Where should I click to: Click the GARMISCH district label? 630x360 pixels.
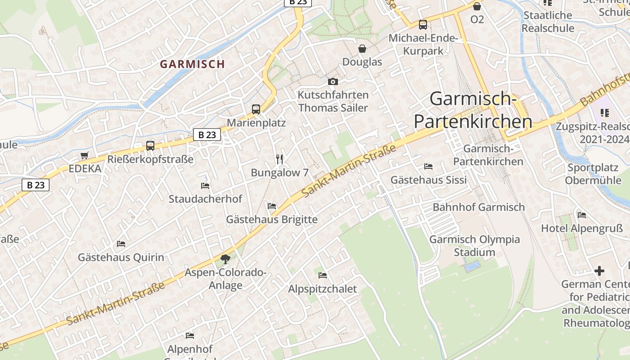tap(192, 64)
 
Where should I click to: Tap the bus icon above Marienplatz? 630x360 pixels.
tap(256, 109)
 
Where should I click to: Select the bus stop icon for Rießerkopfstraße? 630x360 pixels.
tap(150, 146)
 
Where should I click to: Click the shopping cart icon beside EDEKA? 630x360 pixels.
tap(85, 156)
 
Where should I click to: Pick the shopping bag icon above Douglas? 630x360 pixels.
tap(362, 49)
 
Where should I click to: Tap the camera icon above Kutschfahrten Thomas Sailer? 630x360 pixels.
tap(333, 81)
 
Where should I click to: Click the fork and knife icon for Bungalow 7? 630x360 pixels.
tap(279, 159)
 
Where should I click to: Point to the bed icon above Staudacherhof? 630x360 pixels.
tap(205, 185)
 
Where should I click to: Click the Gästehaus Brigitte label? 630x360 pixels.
tap(272, 220)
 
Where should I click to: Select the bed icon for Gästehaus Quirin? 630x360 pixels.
tap(121, 244)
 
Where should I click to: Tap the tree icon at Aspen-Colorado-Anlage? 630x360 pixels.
tap(225, 259)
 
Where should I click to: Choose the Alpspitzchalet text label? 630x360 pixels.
tap(322, 289)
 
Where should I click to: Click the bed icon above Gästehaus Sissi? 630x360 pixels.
tap(428, 166)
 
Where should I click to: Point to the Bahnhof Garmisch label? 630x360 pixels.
tap(479, 207)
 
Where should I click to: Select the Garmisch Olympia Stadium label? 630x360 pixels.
tap(474, 246)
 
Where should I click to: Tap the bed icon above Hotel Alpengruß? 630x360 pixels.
tap(582, 215)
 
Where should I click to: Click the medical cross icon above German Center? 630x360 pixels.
tap(599, 271)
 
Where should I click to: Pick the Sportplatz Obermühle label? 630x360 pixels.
tap(593, 174)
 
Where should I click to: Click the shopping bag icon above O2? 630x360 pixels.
tap(477, 6)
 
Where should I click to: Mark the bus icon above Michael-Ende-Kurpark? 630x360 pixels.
tap(423, 25)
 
